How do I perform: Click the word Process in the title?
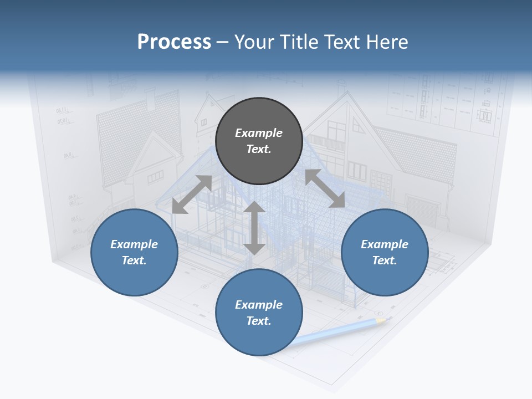click(x=174, y=42)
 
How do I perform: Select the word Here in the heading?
click(x=386, y=42)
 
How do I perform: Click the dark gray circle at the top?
click(x=259, y=141)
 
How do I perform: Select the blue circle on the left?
click(x=134, y=253)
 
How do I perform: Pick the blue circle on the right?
click(x=385, y=253)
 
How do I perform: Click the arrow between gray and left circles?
click(x=192, y=195)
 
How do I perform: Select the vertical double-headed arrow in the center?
click(x=254, y=228)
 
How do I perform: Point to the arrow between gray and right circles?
click(x=325, y=188)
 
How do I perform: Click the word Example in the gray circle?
click(x=259, y=133)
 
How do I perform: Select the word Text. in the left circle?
click(x=134, y=260)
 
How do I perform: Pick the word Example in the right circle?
click(x=385, y=244)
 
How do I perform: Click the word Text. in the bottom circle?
click(x=259, y=321)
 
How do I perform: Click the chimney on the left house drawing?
click(x=150, y=100)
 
